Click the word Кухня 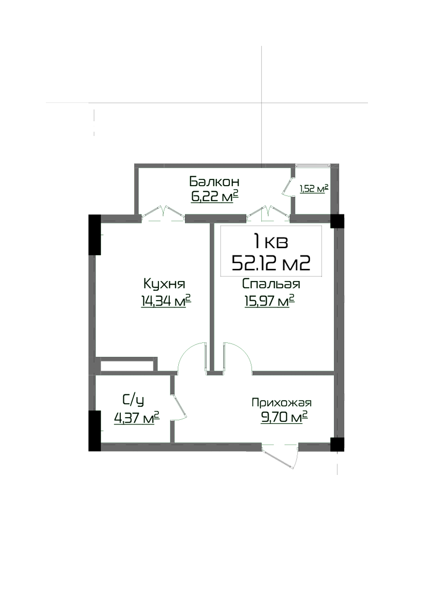(164, 284)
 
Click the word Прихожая (281, 402)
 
